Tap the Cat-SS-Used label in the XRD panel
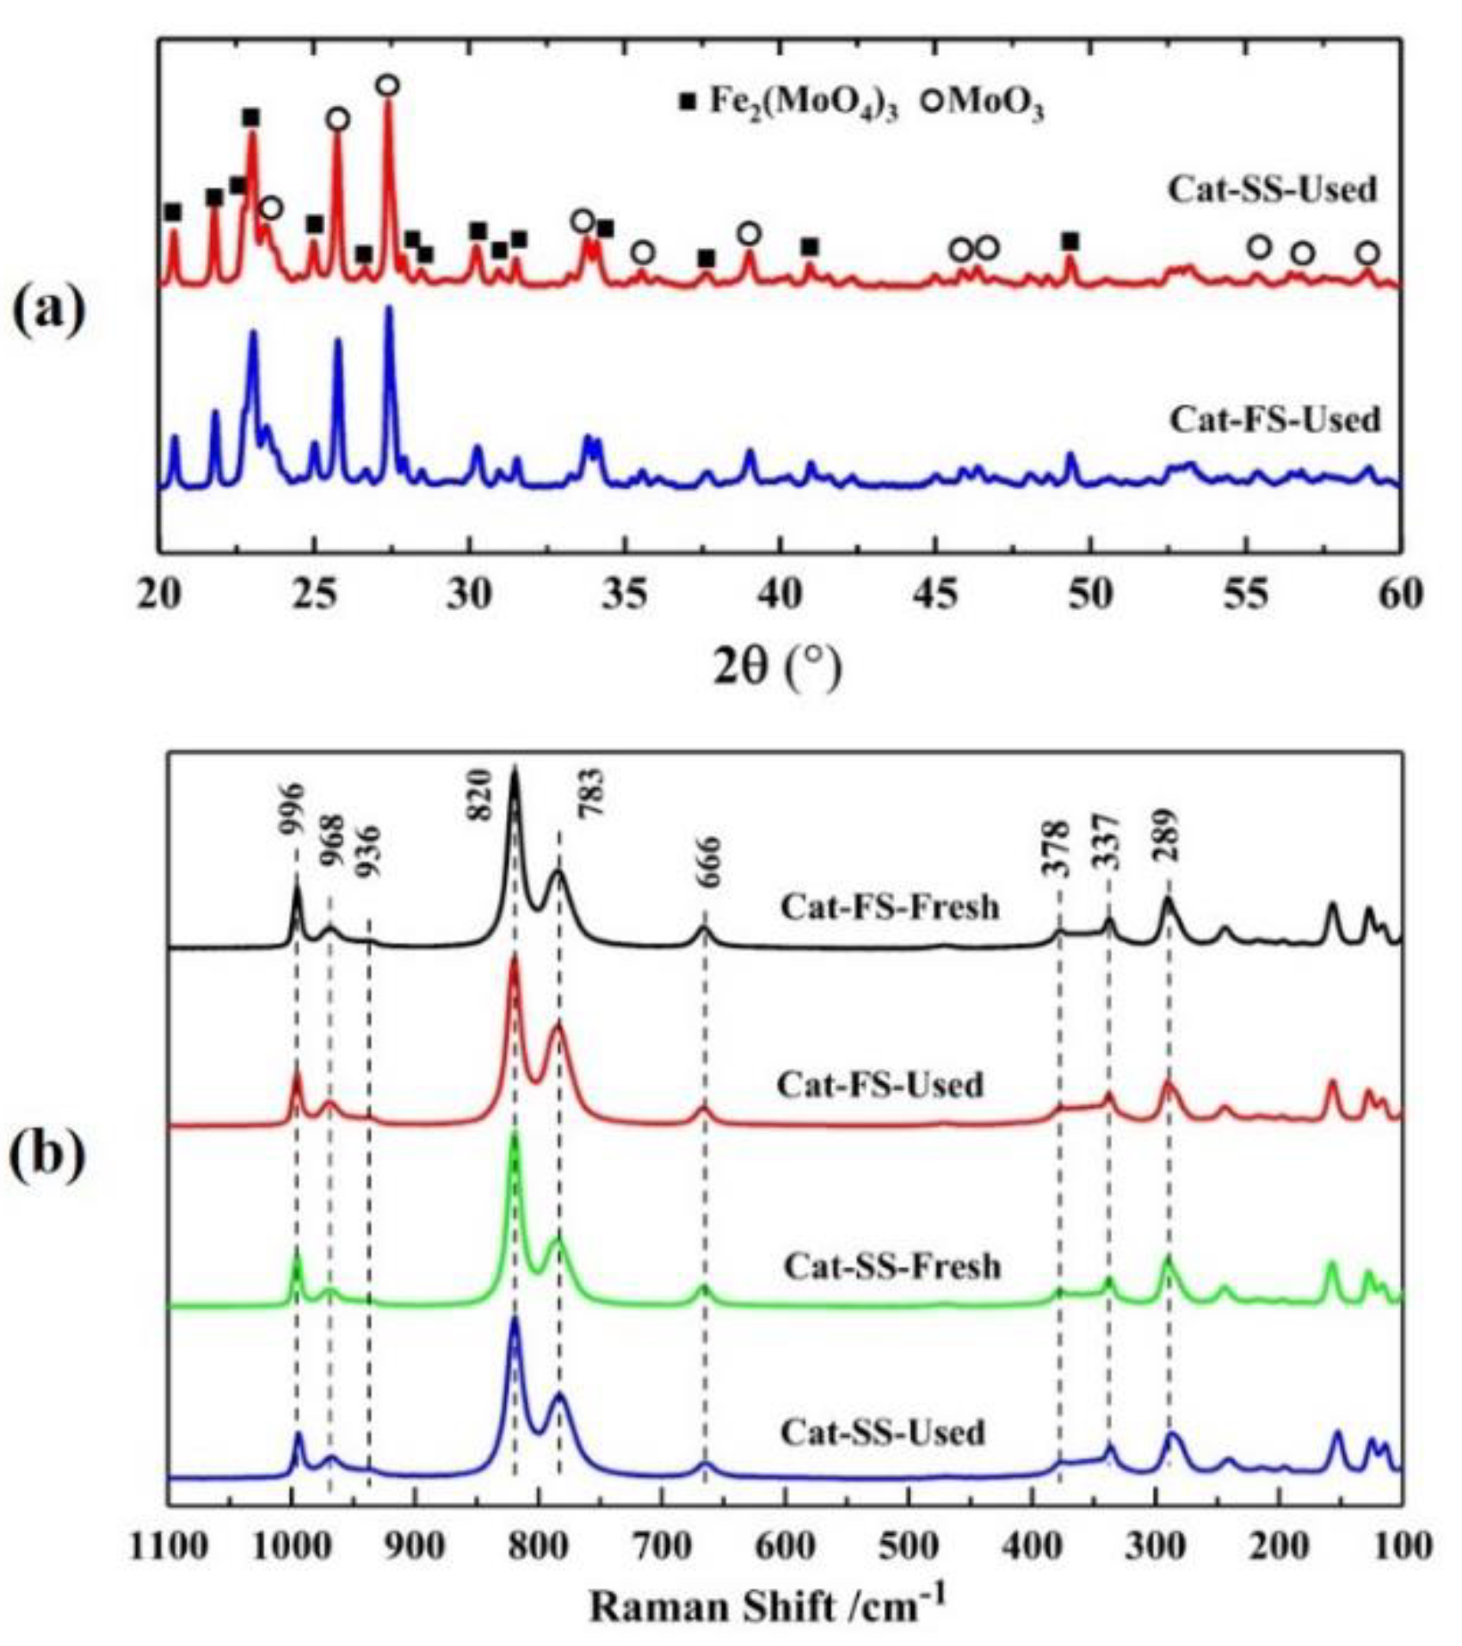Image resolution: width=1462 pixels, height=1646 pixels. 1272,189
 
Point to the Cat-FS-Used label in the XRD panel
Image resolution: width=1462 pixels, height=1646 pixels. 1274,420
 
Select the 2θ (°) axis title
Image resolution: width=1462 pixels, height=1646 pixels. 777,669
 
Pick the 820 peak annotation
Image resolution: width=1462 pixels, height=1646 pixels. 478,795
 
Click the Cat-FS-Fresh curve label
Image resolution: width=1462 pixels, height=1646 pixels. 890,908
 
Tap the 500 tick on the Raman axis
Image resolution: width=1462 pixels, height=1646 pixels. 909,1546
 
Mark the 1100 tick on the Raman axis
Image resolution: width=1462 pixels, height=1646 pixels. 168,1546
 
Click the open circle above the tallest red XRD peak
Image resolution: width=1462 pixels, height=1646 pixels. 388,85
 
